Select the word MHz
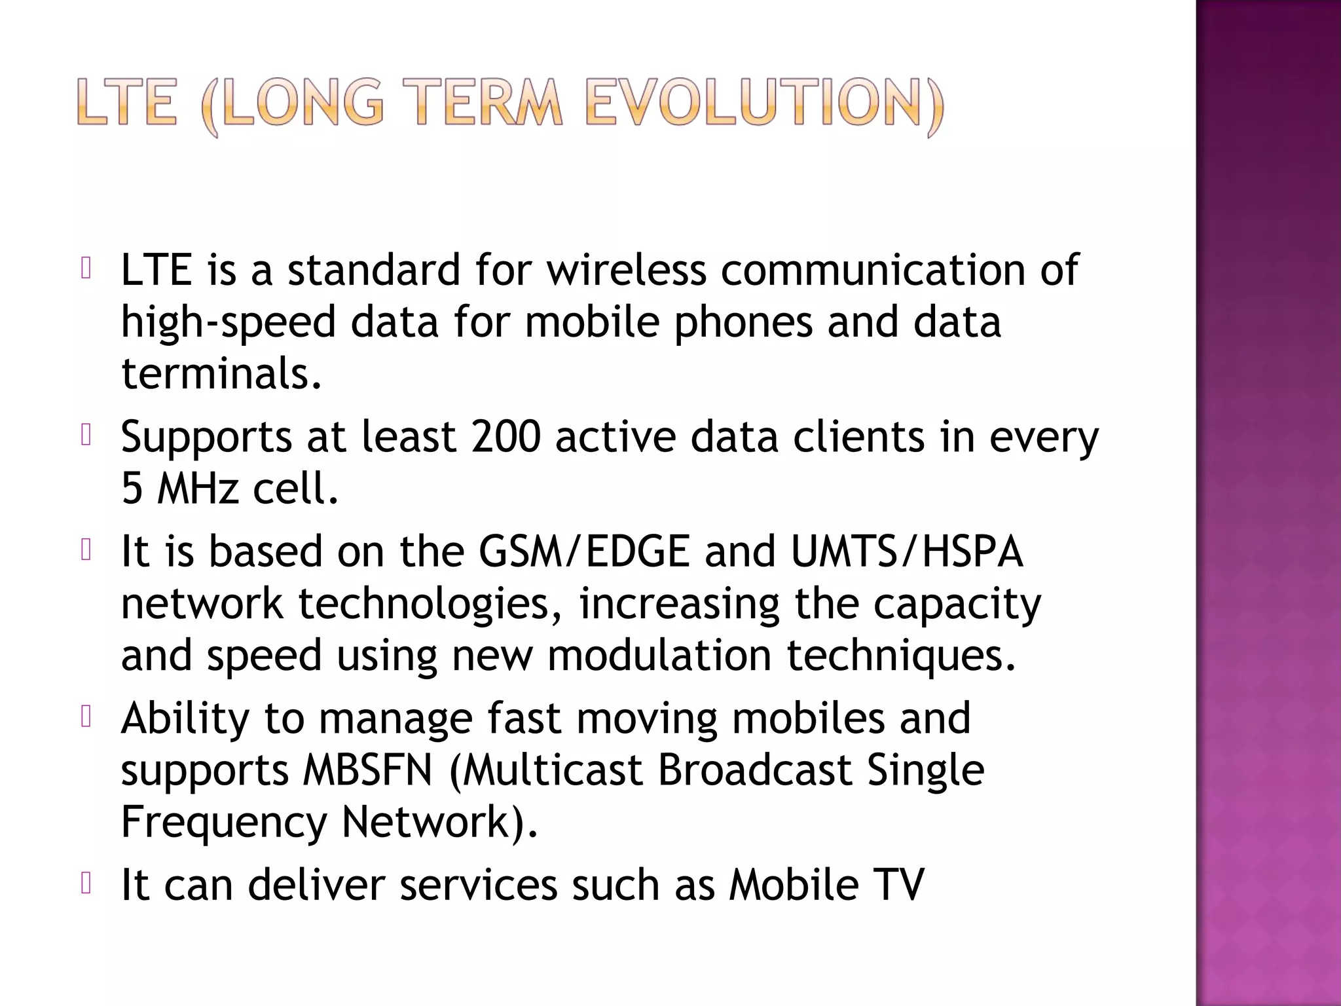(x=198, y=489)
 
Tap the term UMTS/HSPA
(x=907, y=551)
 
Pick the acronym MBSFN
(x=368, y=770)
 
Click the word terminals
(x=221, y=373)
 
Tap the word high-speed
(x=228, y=322)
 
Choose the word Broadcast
(x=754, y=770)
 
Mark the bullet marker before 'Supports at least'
(x=85, y=436)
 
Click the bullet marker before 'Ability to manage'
(x=85, y=717)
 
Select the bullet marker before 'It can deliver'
(x=85, y=884)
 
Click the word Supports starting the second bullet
(x=206, y=439)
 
